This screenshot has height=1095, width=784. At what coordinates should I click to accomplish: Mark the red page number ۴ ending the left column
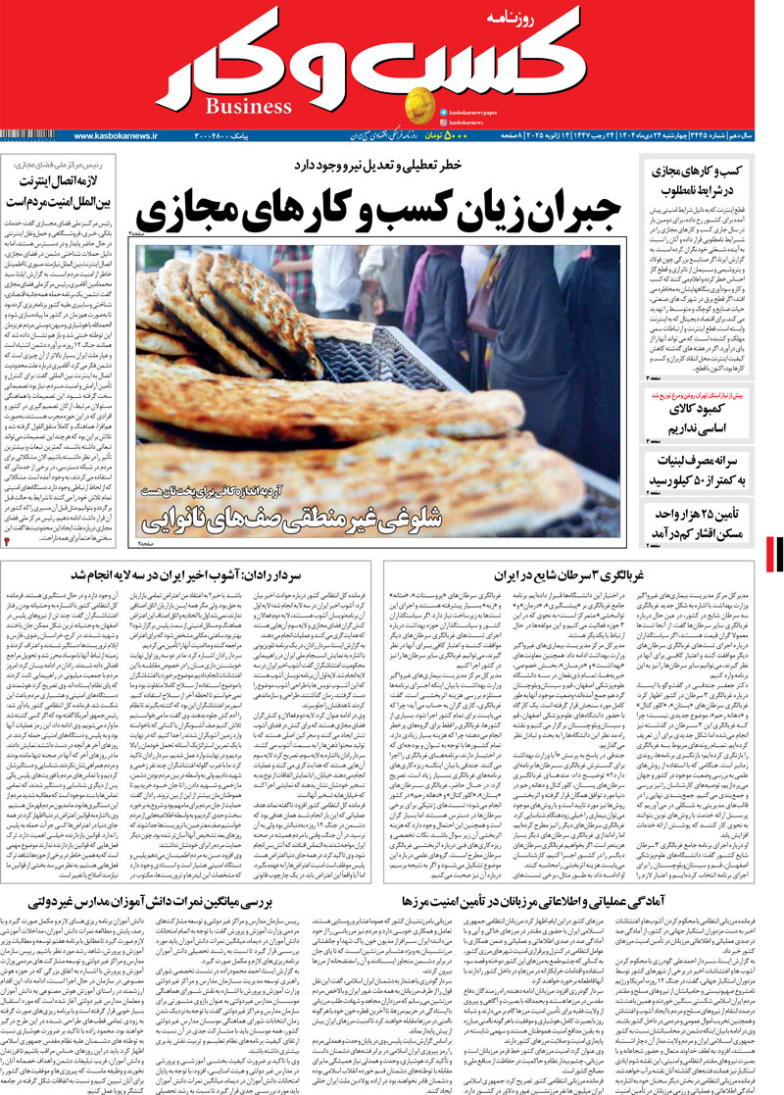click(x=9, y=540)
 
